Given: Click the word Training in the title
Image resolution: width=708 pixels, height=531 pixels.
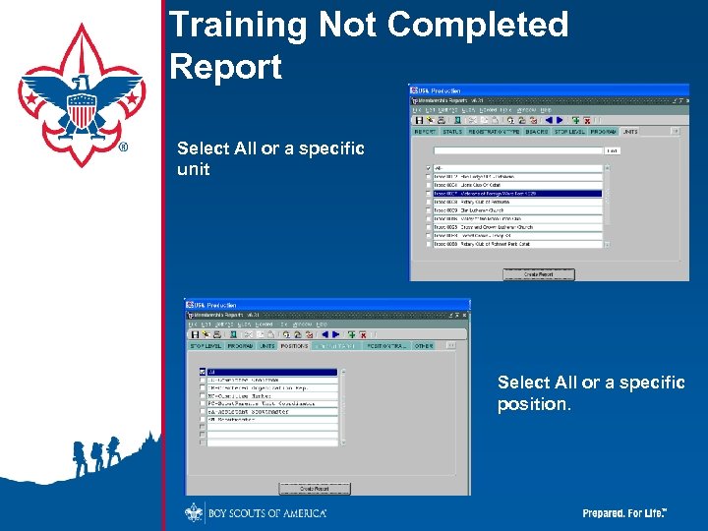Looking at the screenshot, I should point(235,26).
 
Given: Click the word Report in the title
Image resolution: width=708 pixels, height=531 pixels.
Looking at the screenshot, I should point(225,67).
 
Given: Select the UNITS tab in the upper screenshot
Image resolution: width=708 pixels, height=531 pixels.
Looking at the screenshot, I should point(629,131).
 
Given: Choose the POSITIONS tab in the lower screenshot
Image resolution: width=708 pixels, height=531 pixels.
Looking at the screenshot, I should point(294,346).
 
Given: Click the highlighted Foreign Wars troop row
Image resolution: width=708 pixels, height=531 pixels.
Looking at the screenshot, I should point(517,194).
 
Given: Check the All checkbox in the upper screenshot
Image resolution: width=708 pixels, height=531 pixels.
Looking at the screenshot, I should point(427,168).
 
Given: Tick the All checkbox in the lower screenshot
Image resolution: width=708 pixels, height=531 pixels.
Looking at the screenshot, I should point(203,373).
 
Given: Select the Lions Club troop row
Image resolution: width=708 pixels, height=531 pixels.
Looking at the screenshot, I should point(517,185).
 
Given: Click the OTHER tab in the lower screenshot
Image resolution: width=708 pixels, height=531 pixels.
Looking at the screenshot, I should point(423,346).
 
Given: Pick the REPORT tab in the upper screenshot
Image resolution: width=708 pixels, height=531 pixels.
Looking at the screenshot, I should point(425,131).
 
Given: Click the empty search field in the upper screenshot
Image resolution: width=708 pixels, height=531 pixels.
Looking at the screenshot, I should point(517,150).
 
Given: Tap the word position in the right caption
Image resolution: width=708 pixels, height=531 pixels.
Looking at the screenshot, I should point(531,404).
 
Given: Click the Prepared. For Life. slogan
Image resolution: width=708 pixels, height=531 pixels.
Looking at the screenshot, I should point(625,513).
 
